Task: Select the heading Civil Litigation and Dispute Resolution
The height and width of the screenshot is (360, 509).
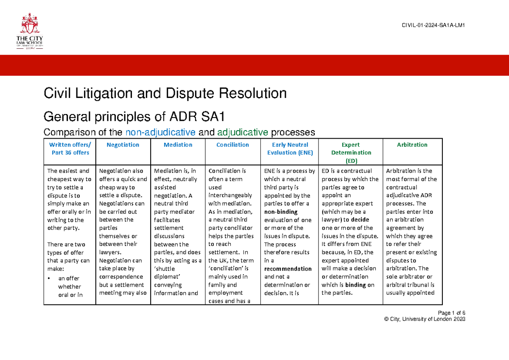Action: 165,93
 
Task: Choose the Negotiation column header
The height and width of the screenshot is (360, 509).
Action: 123,145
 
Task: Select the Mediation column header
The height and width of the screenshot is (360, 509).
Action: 178,145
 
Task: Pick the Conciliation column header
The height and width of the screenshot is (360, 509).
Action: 232,145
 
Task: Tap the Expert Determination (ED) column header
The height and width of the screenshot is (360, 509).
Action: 351,152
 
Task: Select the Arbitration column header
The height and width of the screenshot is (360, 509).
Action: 412,145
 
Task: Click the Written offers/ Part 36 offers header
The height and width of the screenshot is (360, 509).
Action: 70,148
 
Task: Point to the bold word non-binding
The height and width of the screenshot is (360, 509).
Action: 281,212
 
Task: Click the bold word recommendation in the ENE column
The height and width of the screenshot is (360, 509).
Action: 288,269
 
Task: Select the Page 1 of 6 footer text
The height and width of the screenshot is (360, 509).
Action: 453,313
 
